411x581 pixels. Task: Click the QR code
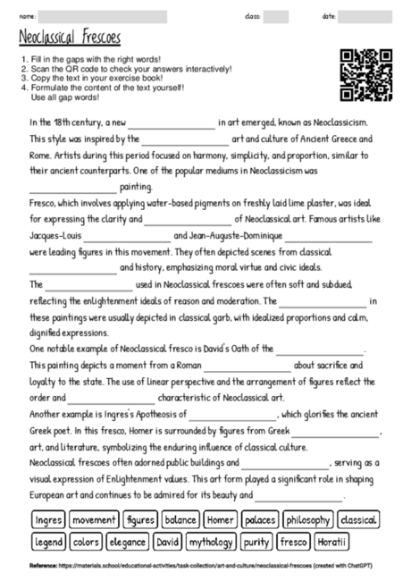pos(366,74)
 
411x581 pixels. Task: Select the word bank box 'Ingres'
pos(47,519)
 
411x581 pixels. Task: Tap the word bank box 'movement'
pos(94,519)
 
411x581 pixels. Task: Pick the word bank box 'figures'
pos(140,519)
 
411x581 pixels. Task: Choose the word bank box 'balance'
pos(181,519)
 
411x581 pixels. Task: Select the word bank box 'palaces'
pos(260,519)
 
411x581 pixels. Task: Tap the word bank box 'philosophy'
pos(308,519)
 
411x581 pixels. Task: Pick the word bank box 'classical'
pos(358,519)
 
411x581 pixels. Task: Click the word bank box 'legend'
pos(49,542)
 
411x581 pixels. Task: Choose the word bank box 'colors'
pos(87,542)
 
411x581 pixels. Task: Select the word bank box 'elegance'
pos(128,542)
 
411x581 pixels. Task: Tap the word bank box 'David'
pos(168,542)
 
